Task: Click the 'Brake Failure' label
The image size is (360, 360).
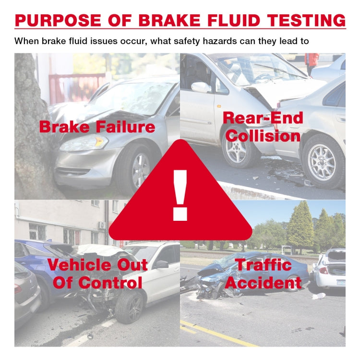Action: pyautogui.click(x=97, y=127)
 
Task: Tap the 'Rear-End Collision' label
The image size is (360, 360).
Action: pyautogui.click(x=263, y=127)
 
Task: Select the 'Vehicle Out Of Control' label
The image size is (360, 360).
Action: pyautogui.click(x=97, y=274)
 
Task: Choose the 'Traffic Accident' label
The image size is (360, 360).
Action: pyautogui.click(x=263, y=274)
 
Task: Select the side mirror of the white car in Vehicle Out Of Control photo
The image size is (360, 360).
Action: pyautogui.click(x=161, y=264)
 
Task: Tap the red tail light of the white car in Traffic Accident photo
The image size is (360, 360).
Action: pyautogui.click(x=324, y=270)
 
